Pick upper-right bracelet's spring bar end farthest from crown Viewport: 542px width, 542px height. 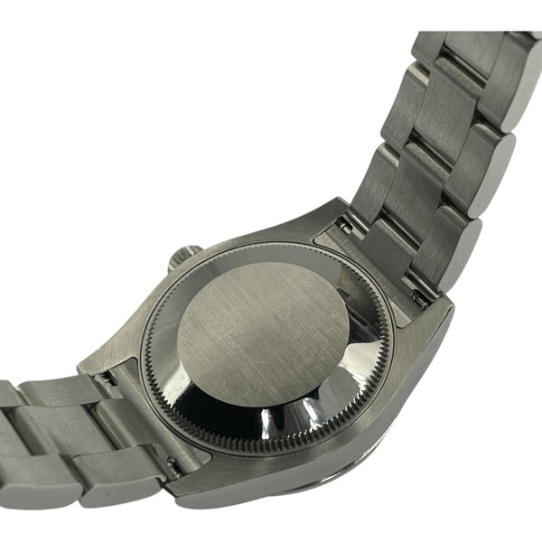pyautogui.click(x=418, y=295)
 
